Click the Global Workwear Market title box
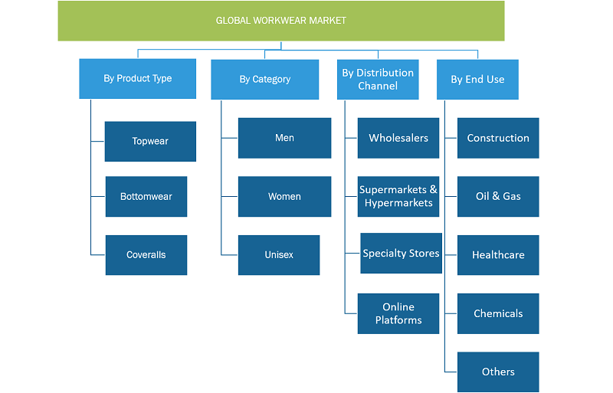(281, 21)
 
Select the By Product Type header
(138, 79)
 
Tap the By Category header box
(264, 80)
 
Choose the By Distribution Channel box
(378, 80)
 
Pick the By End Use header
(477, 80)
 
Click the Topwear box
(150, 141)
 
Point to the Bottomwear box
(146, 196)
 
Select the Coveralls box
(146, 255)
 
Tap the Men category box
(284, 138)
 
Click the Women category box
(284, 196)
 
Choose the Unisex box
(279, 255)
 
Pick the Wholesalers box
(398, 138)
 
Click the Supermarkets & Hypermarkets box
(398, 196)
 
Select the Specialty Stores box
(401, 253)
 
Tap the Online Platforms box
(398, 313)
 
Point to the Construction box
(498, 138)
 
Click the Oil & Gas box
(498, 196)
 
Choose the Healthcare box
(498, 255)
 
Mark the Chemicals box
(498, 313)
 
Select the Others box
(498, 372)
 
